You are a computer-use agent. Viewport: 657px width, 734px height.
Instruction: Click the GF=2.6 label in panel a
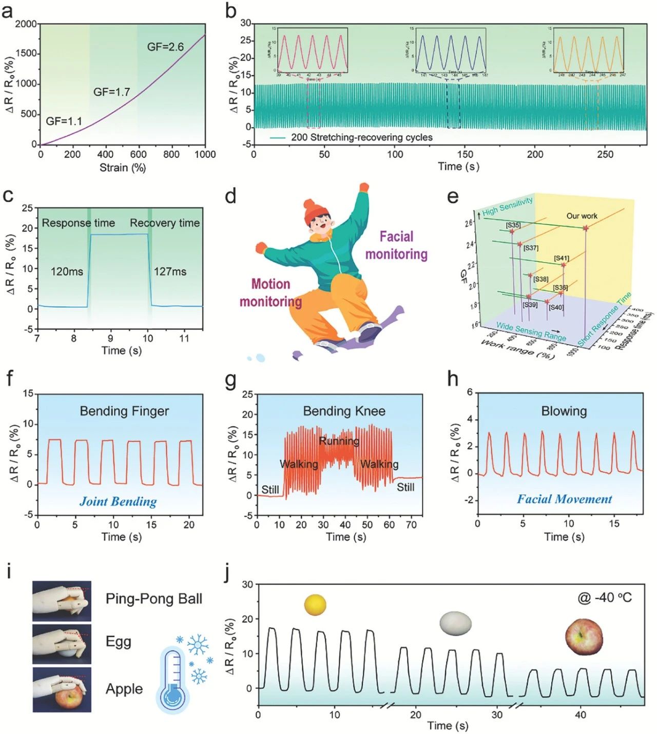165,47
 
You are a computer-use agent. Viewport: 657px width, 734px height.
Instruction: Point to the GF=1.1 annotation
64,122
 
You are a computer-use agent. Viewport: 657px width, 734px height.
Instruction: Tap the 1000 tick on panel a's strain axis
205,154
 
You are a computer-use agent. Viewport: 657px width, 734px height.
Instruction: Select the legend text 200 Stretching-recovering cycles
361,137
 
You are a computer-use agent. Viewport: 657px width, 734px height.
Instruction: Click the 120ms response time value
67,271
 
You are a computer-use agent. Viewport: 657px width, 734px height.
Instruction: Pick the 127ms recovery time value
170,271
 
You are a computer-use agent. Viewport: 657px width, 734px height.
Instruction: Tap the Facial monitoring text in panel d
396,245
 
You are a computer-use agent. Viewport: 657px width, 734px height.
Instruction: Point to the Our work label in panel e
582,216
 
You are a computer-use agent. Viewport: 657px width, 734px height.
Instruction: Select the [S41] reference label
562,258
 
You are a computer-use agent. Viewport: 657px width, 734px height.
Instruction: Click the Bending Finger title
124,411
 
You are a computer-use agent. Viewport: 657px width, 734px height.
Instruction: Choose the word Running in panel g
339,441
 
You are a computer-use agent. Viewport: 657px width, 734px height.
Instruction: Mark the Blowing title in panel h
564,411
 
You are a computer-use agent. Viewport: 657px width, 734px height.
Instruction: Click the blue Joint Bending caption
118,502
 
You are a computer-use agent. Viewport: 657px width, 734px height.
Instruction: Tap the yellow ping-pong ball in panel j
315,605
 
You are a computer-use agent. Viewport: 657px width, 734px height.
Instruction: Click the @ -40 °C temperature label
605,598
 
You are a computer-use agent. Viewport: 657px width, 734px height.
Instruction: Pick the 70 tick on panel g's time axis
411,525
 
